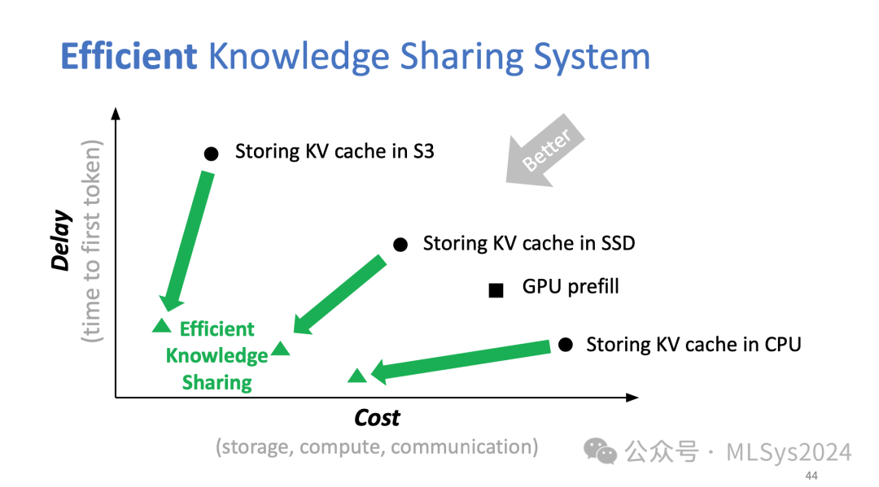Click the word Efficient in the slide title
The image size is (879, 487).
pos(129,57)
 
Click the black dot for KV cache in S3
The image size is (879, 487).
pos(211,153)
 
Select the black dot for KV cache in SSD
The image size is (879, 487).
pos(400,244)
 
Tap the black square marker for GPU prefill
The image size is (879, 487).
pos(496,290)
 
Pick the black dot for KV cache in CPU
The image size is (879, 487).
pos(566,345)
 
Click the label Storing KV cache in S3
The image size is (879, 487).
pos(335,151)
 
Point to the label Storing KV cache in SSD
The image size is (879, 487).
pos(529,243)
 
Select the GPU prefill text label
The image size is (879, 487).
pos(571,287)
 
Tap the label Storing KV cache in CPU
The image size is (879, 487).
pos(693,345)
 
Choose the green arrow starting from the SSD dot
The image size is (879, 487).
pos(339,294)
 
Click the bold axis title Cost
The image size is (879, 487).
pos(377,418)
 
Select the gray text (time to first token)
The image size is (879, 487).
pos(92,241)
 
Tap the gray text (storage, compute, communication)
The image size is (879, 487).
pos(377,446)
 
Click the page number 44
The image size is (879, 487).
pos(811,475)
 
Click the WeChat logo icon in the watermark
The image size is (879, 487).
pos(602,452)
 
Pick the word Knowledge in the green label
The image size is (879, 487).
pos(216,356)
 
